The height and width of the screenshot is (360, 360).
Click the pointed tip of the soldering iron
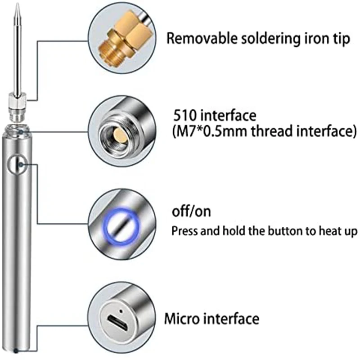click(x=17, y=4)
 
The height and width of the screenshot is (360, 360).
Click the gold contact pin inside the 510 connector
click(x=120, y=136)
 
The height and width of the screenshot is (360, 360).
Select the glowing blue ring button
click(x=121, y=226)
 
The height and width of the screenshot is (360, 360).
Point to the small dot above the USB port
click(x=121, y=311)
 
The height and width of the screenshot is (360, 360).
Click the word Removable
click(x=202, y=38)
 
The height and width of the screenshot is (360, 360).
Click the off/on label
click(x=191, y=211)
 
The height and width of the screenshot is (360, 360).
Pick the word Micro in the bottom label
click(x=182, y=319)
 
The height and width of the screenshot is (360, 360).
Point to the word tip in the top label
click(x=341, y=39)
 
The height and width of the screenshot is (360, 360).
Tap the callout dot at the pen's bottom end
click(x=16, y=351)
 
